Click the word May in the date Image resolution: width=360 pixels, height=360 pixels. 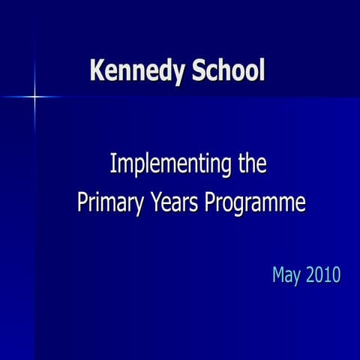click(x=286, y=275)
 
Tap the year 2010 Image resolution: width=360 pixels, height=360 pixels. click(x=323, y=274)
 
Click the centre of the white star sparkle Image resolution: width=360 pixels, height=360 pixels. click(x=34, y=96)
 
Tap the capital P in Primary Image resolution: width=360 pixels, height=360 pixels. click(x=82, y=202)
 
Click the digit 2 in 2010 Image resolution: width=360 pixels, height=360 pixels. click(x=310, y=274)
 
